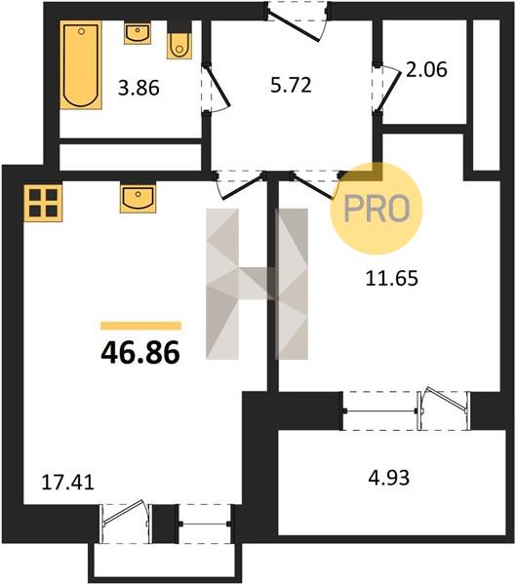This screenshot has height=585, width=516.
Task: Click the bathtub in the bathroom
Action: pyautogui.click(x=81, y=65)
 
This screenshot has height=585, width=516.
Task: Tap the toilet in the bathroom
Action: pyautogui.click(x=179, y=41)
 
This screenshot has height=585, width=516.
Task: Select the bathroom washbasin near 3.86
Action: pyautogui.click(x=138, y=33)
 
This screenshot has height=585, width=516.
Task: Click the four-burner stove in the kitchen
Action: pyautogui.click(x=43, y=204)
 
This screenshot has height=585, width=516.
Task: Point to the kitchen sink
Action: pyautogui.click(x=138, y=198)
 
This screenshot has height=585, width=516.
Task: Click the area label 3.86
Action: pyautogui.click(x=139, y=89)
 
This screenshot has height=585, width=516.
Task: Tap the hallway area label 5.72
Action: pyautogui.click(x=291, y=85)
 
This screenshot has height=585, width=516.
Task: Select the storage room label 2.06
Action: pyautogui.click(x=426, y=70)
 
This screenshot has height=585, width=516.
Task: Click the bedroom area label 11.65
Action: pyautogui.click(x=392, y=278)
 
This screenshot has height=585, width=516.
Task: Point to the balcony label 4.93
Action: pyautogui.click(x=388, y=478)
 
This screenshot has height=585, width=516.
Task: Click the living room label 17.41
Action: pyautogui.click(x=67, y=483)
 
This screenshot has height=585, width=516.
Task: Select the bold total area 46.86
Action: pyautogui.click(x=140, y=353)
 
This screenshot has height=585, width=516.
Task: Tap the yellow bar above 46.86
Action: pyautogui.click(x=140, y=326)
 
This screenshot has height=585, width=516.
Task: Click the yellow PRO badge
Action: pyautogui.click(x=377, y=209)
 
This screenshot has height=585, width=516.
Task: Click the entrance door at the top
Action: pyautogui.click(x=298, y=21)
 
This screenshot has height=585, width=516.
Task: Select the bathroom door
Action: pyautogui.click(x=216, y=89)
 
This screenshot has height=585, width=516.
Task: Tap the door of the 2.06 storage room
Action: pyautogui.click(x=387, y=89)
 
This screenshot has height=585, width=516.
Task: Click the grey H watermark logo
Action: pyautogui.click(x=258, y=284)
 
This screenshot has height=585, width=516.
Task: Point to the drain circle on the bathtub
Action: pyautogui.click(x=81, y=32)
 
